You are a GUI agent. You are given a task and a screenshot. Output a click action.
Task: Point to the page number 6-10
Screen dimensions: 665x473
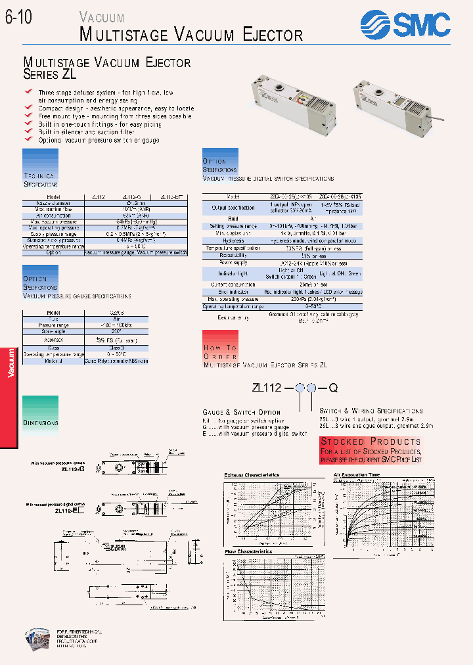[x=19, y=19]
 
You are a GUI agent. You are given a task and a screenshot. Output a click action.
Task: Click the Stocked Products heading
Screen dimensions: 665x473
[x=371, y=441]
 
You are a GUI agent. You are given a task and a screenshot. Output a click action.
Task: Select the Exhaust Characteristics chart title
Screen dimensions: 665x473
[x=252, y=474]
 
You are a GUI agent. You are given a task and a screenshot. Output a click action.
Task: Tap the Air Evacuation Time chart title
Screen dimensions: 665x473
[x=356, y=474]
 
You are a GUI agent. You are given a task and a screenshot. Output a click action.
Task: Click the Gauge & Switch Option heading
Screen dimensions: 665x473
[x=242, y=411]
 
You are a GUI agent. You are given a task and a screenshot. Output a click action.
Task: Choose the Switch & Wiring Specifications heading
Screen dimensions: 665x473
[x=371, y=411]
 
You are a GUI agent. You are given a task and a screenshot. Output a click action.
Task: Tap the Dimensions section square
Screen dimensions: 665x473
[x=41, y=414]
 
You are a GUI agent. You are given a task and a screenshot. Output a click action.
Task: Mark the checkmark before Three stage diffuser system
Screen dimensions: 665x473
[x=28, y=91]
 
